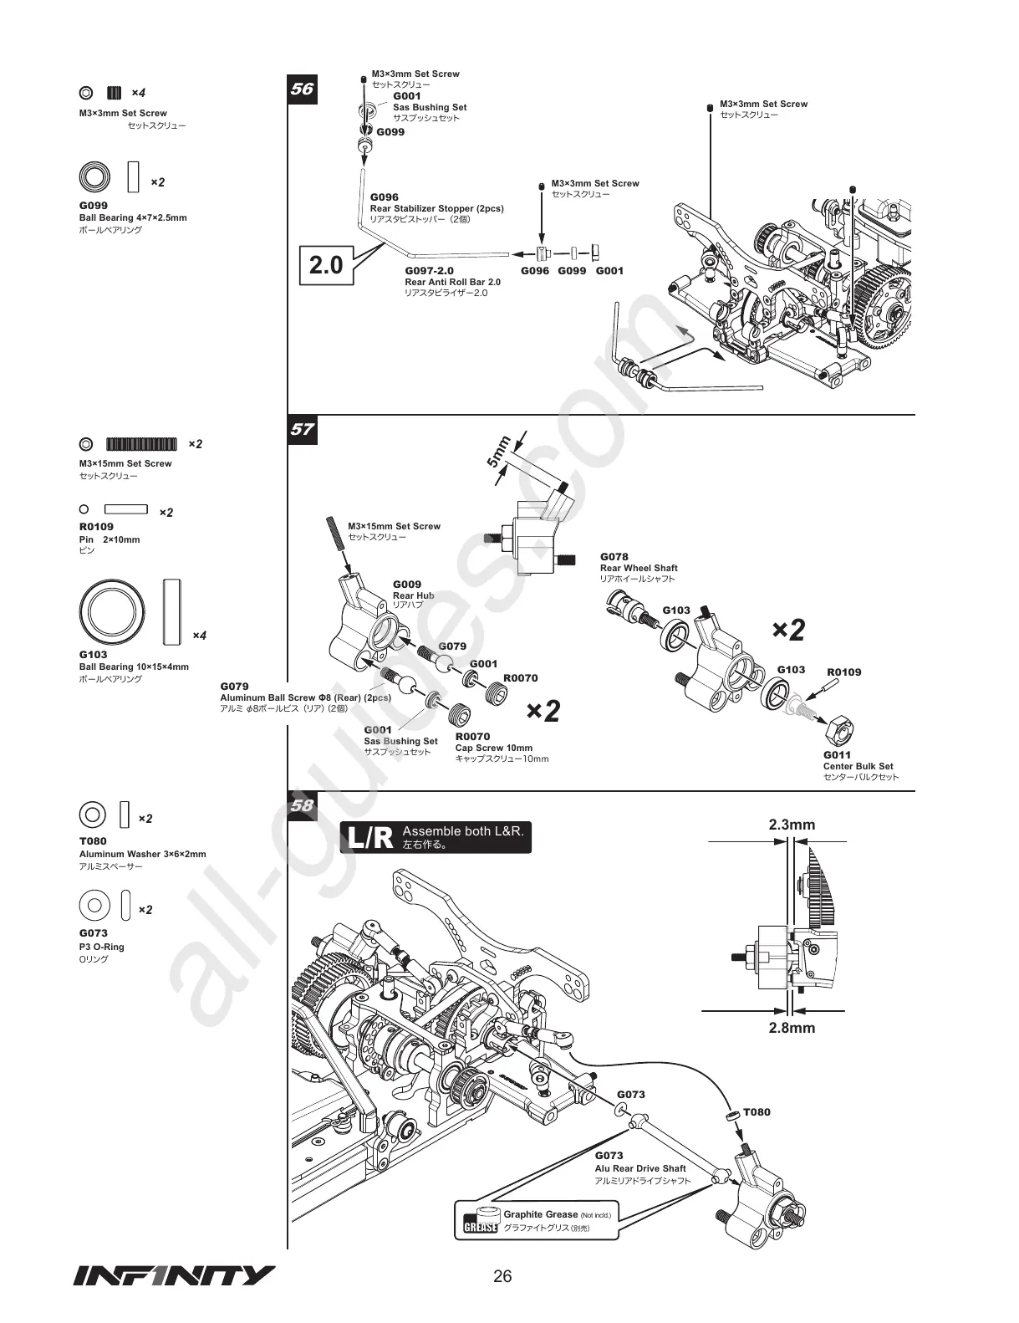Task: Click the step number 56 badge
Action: (x=302, y=89)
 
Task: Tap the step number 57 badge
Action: (x=302, y=430)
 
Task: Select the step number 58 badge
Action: (x=302, y=805)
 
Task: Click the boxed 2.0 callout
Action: (x=326, y=265)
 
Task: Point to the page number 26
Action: (x=502, y=1276)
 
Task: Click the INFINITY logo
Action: (x=174, y=1275)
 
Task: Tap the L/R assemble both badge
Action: (x=436, y=837)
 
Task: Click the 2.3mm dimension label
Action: (x=792, y=825)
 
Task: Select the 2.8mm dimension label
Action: (x=792, y=1028)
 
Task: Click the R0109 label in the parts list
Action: (x=96, y=527)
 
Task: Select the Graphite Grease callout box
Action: (x=537, y=1221)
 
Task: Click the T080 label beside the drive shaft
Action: (x=757, y=1112)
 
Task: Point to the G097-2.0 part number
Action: (x=429, y=271)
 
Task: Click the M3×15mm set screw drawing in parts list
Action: (x=141, y=443)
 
